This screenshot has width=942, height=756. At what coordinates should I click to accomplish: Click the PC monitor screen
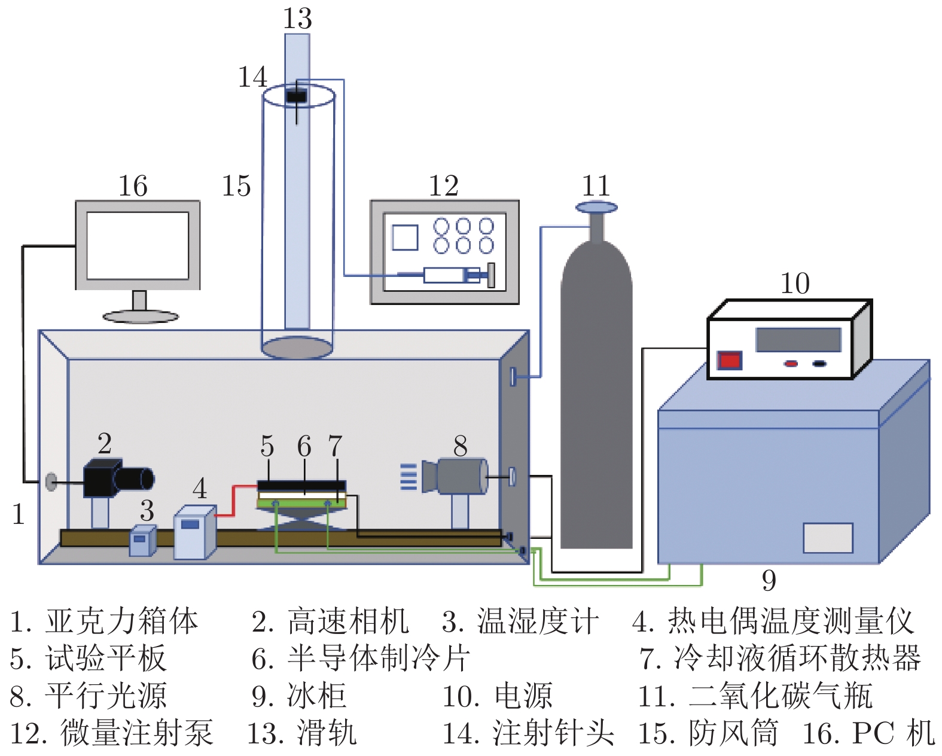tap(138, 245)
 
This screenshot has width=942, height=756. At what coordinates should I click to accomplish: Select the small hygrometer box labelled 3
tap(142, 541)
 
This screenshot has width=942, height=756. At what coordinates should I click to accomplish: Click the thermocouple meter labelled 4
tap(194, 532)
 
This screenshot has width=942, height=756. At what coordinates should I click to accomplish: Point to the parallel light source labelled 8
tap(458, 476)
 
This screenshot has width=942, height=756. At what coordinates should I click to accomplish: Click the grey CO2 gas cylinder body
tap(596, 407)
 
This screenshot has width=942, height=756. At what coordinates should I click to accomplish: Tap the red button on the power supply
tap(730, 361)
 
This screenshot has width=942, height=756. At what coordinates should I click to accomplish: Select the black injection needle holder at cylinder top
tap(296, 96)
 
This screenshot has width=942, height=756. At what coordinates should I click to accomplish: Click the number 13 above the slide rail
tap(297, 18)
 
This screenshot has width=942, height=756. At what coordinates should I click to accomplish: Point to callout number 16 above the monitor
tap(133, 186)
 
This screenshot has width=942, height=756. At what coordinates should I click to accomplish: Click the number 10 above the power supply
tap(795, 283)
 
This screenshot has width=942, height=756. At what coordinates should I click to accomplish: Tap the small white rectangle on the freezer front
tap(828, 538)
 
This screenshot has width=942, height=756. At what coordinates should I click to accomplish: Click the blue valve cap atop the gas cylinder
tap(596, 208)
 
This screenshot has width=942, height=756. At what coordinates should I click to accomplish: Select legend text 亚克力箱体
tap(121, 621)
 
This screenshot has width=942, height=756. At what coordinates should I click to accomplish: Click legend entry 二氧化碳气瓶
tap(781, 696)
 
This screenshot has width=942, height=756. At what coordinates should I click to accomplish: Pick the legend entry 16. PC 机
tap(868, 733)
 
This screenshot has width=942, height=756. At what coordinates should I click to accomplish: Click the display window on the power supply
tap(798, 340)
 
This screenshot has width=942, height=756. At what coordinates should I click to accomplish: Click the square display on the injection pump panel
tap(405, 237)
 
